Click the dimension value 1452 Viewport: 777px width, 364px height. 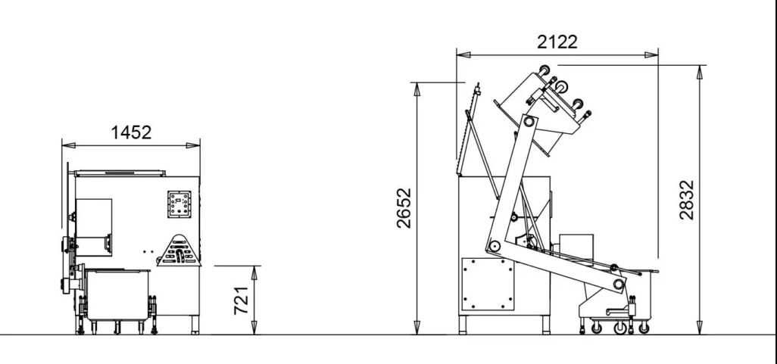131,132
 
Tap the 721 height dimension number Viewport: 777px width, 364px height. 242,300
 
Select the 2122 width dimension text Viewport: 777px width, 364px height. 557,42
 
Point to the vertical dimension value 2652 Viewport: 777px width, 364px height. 404,207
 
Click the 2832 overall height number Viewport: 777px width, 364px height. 686,200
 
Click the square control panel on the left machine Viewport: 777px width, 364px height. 179,204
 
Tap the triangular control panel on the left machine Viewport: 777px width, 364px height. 179,250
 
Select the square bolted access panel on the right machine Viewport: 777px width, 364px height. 488,283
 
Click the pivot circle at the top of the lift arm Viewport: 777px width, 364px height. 529,121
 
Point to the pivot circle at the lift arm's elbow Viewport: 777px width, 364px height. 494,247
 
